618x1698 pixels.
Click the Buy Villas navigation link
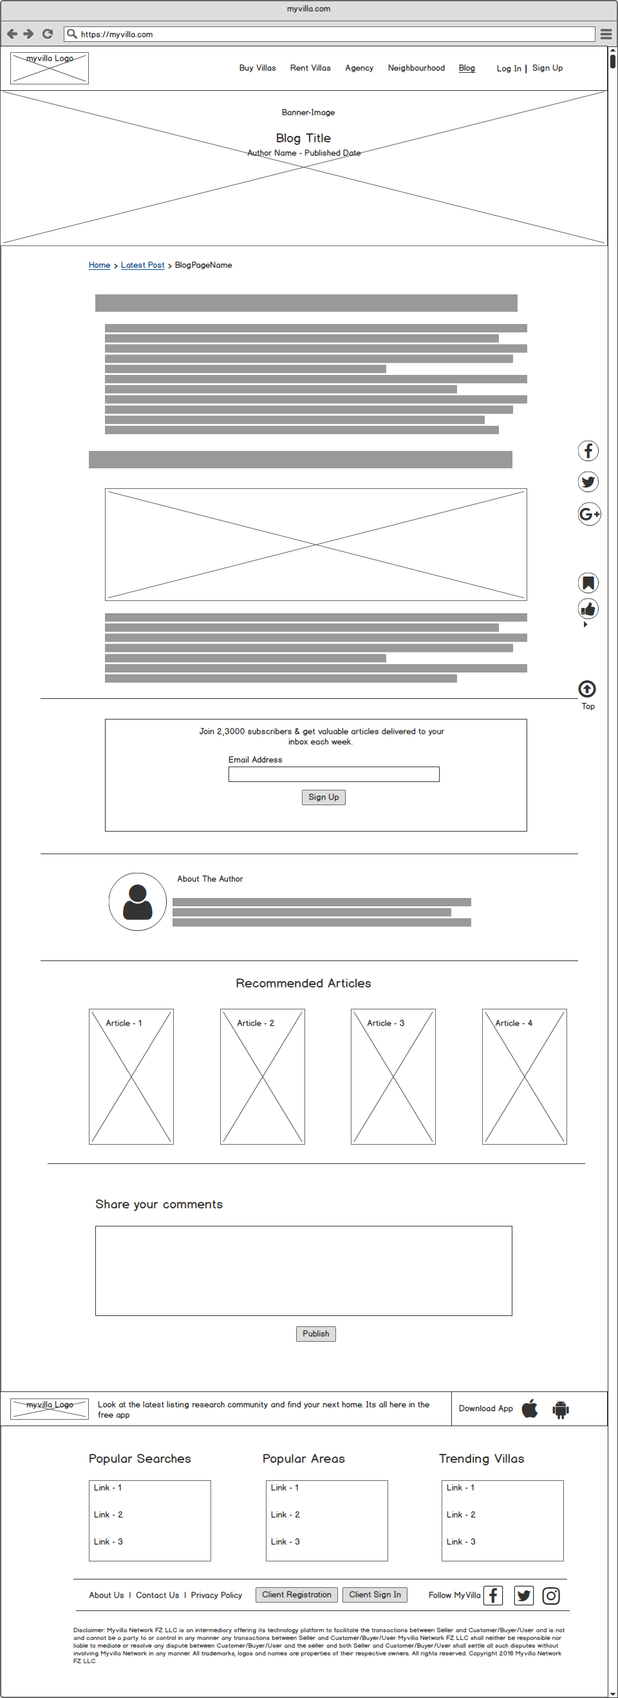(257, 68)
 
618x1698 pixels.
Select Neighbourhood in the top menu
(416, 68)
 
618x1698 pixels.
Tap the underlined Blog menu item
(467, 68)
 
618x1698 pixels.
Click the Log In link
(508, 68)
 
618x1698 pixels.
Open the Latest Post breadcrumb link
(142, 265)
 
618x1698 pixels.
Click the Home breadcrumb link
(100, 265)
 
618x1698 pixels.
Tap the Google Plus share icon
(589, 514)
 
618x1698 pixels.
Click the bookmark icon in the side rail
(588, 583)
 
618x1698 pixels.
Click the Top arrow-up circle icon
(587, 689)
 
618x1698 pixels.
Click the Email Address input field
(333, 774)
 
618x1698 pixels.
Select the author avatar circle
(138, 902)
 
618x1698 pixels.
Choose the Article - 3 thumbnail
(393, 1076)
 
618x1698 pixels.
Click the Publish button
(315, 1333)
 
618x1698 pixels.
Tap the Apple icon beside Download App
(530, 1409)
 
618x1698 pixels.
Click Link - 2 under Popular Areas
(285, 1515)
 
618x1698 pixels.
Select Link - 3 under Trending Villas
(460, 1541)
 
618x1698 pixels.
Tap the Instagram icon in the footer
(551, 1595)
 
